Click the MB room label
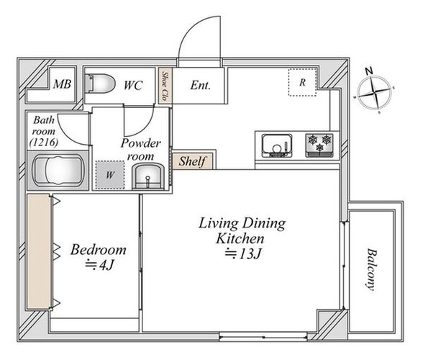[x=62, y=84]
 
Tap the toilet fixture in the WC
[x=100, y=84]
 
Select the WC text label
[x=133, y=86]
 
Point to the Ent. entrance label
[x=200, y=86]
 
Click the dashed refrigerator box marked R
[x=302, y=82]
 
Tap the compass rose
[x=374, y=93]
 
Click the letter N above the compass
[x=369, y=71]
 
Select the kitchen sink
[x=277, y=146]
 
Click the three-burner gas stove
[x=319, y=145]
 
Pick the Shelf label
[x=193, y=161]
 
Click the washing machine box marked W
[x=110, y=175]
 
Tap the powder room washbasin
[x=148, y=176]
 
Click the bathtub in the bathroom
[x=58, y=170]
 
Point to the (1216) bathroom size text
[x=44, y=142]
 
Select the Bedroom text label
[x=99, y=250]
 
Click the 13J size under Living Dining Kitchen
[x=244, y=253]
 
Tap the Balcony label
[x=372, y=269]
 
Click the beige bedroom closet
[x=39, y=252]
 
